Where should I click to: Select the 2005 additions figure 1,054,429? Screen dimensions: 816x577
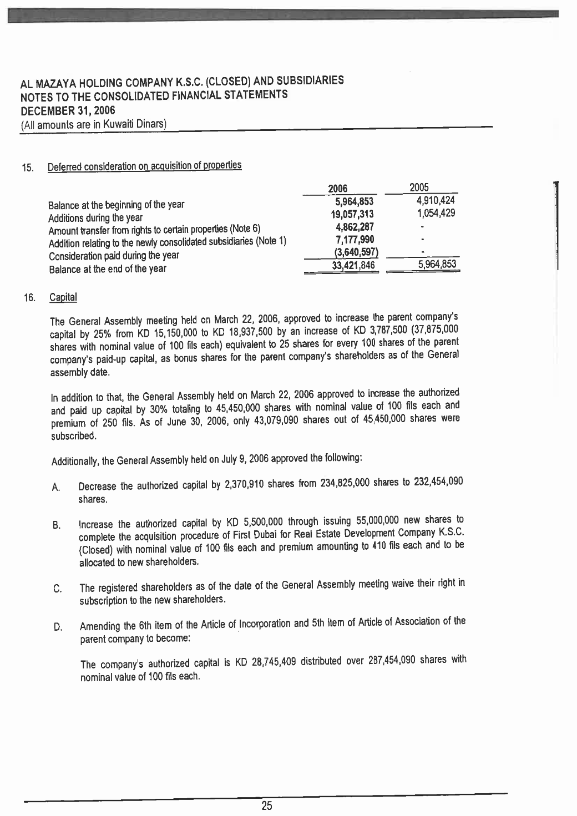tap(436, 213)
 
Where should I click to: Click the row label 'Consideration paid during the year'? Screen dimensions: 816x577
tap(114, 256)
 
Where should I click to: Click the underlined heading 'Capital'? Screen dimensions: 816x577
tap(63, 298)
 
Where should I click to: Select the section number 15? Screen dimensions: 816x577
tap(27, 168)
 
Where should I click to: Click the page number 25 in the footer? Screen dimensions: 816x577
tap(267, 806)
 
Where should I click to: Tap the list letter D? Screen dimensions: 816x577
tap(57, 628)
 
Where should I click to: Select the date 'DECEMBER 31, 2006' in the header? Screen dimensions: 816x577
tap(67, 109)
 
